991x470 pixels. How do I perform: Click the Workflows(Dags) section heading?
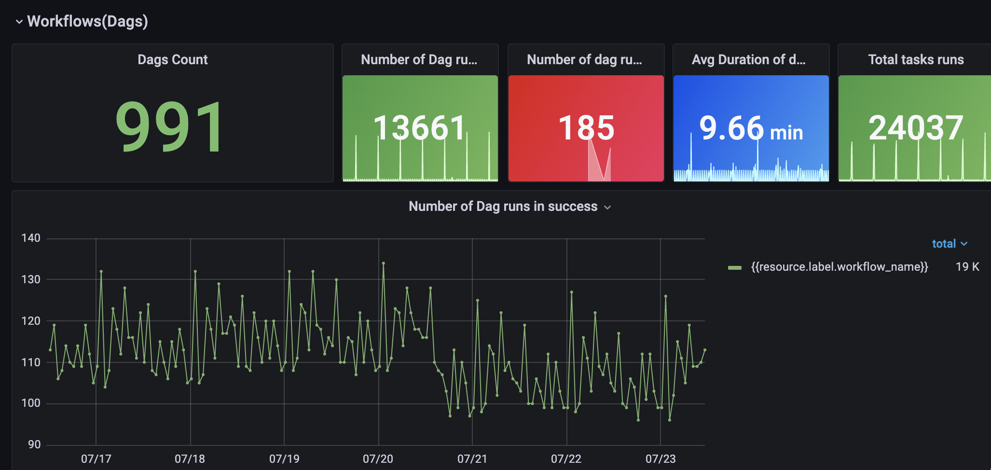[x=87, y=21]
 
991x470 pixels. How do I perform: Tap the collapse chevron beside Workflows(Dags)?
[x=19, y=22]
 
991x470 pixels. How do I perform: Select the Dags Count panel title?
[x=172, y=59]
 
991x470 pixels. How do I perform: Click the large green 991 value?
[x=170, y=127]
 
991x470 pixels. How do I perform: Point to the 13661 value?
[x=419, y=128]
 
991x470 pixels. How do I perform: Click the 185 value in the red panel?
[x=586, y=128]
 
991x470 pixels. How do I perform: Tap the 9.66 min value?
[x=751, y=129]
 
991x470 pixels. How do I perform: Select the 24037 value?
[x=916, y=128]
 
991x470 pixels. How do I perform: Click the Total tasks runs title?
[x=916, y=59]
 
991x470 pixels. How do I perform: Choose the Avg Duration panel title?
[x=748, y=59]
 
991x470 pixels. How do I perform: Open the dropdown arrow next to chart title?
[x=608, y=207]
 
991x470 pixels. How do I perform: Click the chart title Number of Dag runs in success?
[x=503, y=207]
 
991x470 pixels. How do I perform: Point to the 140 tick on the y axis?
[x=31, y=238]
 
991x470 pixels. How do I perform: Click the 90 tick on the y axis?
[x=34, y=444]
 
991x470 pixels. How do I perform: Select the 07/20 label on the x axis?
[x=378, y=458]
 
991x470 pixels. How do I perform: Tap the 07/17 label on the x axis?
[x=96, y=458]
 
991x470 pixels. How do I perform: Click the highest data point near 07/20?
[x=384, y=263]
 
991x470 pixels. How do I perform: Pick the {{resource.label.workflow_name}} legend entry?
[x=839, y=267]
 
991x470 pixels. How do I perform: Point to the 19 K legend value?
[x=967, y=267]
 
